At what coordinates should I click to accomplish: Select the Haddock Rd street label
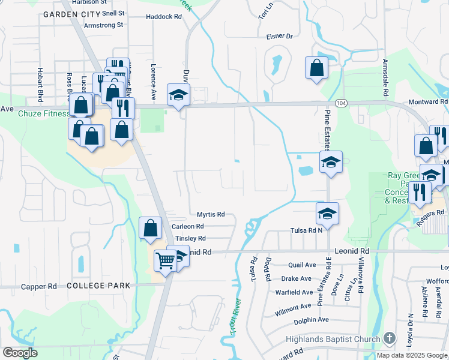coord(163,17)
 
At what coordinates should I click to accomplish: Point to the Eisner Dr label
coord(279,36)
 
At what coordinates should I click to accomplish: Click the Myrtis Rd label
coord(211,214)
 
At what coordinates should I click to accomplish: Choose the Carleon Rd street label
coord(187,226)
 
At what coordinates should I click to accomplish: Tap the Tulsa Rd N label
coord(307,230)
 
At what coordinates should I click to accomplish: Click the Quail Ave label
coord(302,265)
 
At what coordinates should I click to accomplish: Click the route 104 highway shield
coord(341,103)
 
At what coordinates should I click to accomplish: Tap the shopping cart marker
coord(165,260)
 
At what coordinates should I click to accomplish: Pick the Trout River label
coord(235,317)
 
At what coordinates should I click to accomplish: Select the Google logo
coord(20,353)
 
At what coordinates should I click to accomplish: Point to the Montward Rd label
coord(428,103)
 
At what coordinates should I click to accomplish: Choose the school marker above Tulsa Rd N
coord(327,213)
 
